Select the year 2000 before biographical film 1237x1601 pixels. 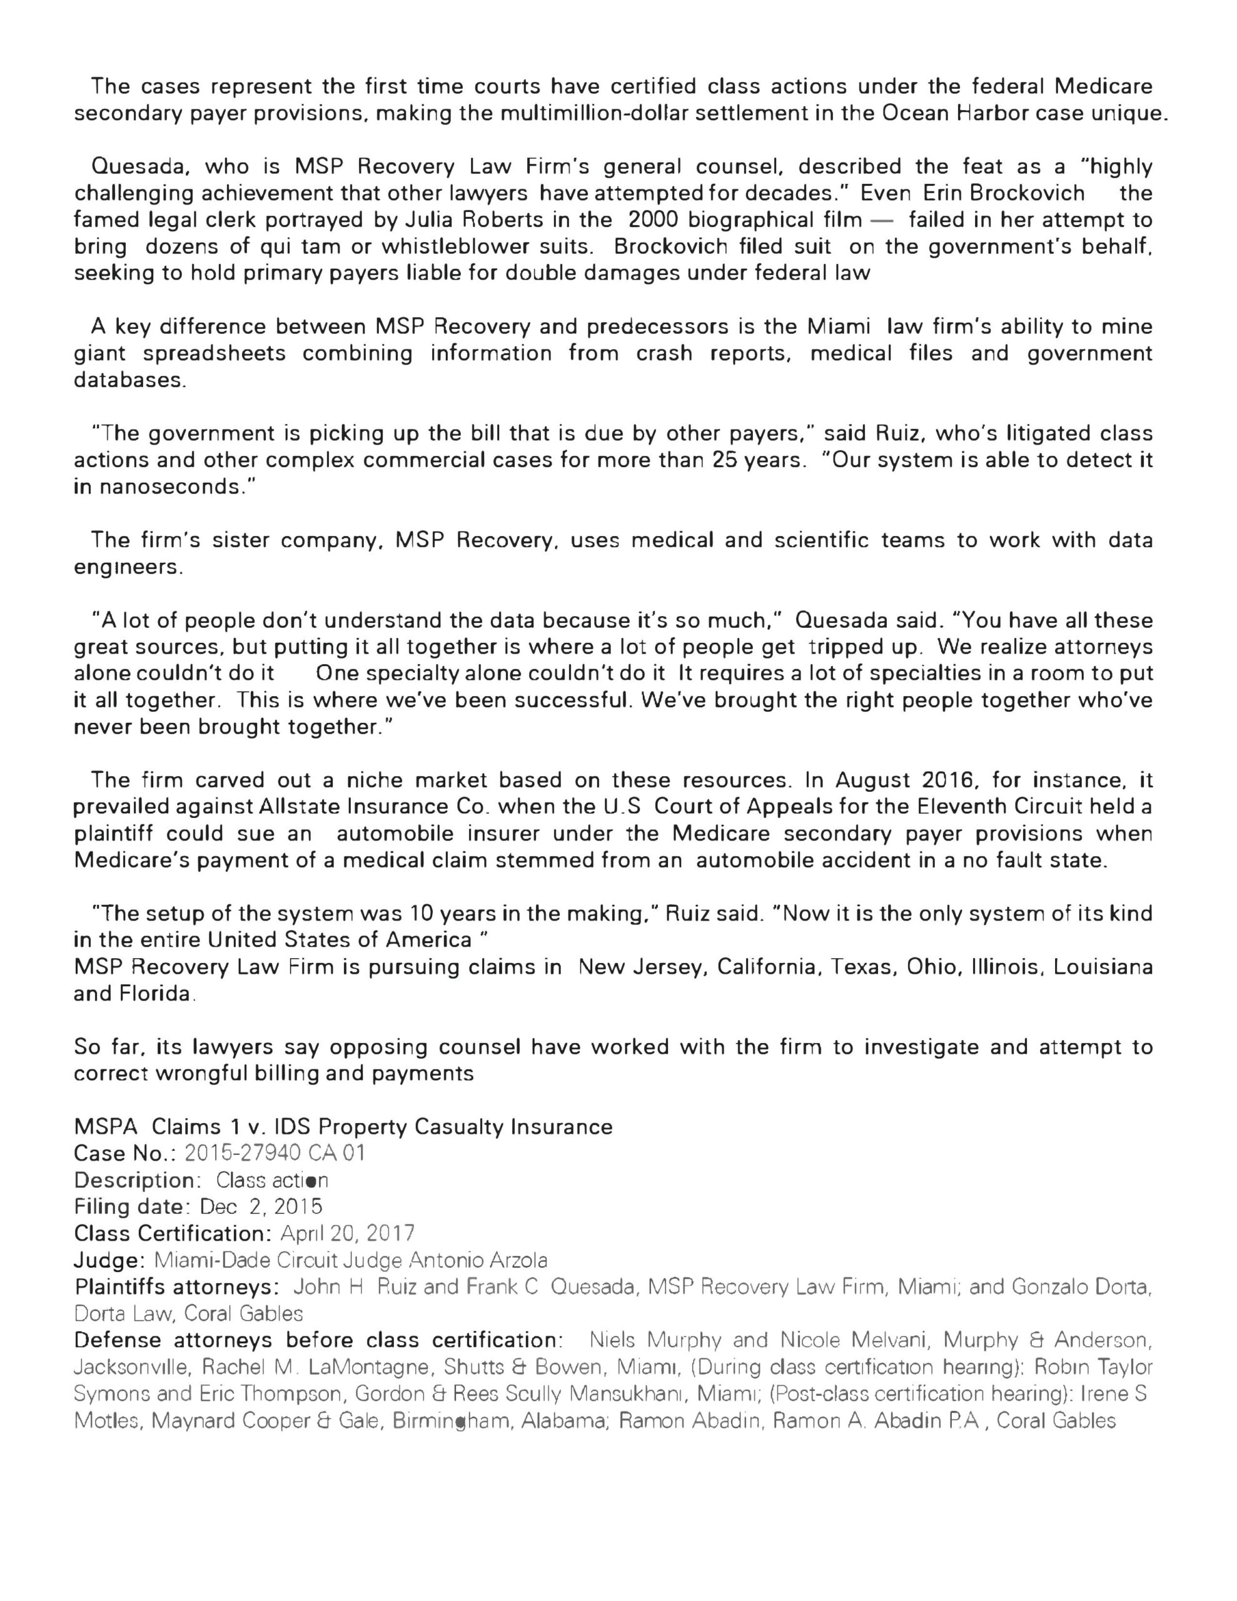(x=654, y=220)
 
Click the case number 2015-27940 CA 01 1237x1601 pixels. (x=275, y=1154)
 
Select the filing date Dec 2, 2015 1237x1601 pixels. (x=261, y=1206)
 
